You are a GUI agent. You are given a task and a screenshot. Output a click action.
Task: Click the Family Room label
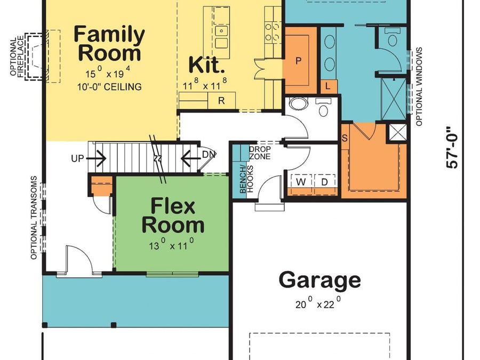tap(109, 44)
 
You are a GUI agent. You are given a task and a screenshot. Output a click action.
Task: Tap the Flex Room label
tap(173, 215)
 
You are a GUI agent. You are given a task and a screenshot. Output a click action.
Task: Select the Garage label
tap(319, 280)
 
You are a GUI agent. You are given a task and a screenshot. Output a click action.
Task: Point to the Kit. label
tap(205, 65)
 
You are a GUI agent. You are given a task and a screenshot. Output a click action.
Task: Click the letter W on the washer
tap(301, 182)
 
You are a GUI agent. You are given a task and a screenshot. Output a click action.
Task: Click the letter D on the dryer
tap(324, 182)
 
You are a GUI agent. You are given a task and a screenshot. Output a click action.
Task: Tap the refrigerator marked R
tap(221, 100)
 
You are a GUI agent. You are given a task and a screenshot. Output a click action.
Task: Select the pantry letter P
tap(298, 61)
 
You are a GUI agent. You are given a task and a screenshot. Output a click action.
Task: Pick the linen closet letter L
tap(327, 86)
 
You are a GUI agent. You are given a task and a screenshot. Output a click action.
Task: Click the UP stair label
tap(77, 158)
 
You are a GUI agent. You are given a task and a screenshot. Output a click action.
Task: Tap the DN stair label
tap(210, 155)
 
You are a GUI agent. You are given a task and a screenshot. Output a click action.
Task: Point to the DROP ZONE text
tap(260, 153)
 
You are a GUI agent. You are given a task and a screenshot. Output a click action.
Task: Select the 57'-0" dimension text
tap(452, 148)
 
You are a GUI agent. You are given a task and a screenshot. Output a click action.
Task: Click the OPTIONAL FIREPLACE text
tap(17, 57)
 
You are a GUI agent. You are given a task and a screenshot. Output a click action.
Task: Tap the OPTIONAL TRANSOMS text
tap(34, 218)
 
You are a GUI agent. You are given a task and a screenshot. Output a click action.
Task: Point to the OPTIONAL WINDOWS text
tap(419, 86)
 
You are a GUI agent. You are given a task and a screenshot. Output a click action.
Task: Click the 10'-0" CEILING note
tap(109, 87)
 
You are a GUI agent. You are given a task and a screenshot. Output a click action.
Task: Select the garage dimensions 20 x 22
tap(318, 303)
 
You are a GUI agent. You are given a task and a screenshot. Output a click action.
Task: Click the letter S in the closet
tap(345, 138)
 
